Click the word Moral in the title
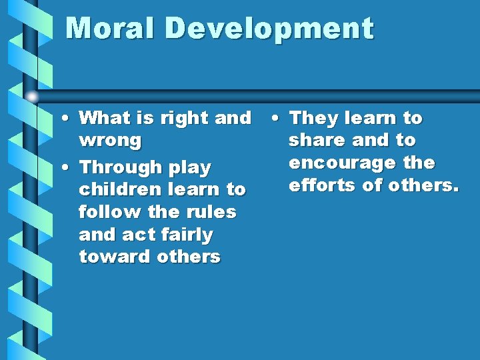coord(111,29)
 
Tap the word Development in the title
coord(269,29)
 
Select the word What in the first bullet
coord(101,119)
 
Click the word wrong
coord(110,141)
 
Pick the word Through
coord(115,167)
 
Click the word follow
coord(105,212)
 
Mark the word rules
coord(213,212)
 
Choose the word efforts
coord(322,185)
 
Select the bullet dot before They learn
coord(275,118)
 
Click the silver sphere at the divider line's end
coord(31,97)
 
